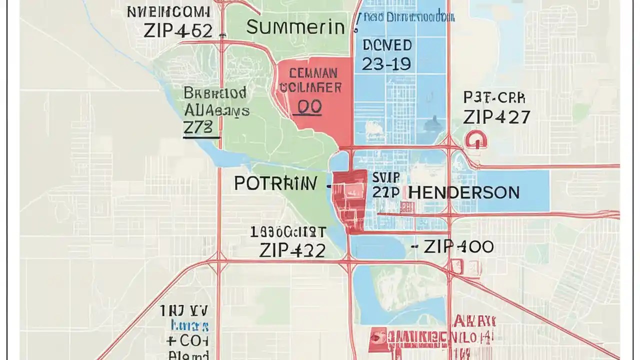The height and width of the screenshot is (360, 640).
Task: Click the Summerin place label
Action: pos(295,27)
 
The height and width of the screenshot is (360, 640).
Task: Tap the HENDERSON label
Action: pos(463,192)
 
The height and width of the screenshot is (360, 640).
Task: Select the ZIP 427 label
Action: pos(496,117)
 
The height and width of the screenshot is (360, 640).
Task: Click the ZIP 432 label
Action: pos(292,250)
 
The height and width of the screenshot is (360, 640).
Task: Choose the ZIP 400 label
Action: pos(458,246)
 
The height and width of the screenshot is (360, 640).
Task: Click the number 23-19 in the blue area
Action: pos(386,63)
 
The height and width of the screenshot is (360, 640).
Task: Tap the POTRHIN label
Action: pos(275,183)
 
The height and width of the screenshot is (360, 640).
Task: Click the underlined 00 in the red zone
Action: pos(309,107)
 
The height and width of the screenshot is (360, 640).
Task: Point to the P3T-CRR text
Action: pos(494,98)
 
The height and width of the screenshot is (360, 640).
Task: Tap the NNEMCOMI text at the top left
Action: pos(169,12)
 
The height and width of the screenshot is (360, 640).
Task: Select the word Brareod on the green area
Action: pos(214,93)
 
